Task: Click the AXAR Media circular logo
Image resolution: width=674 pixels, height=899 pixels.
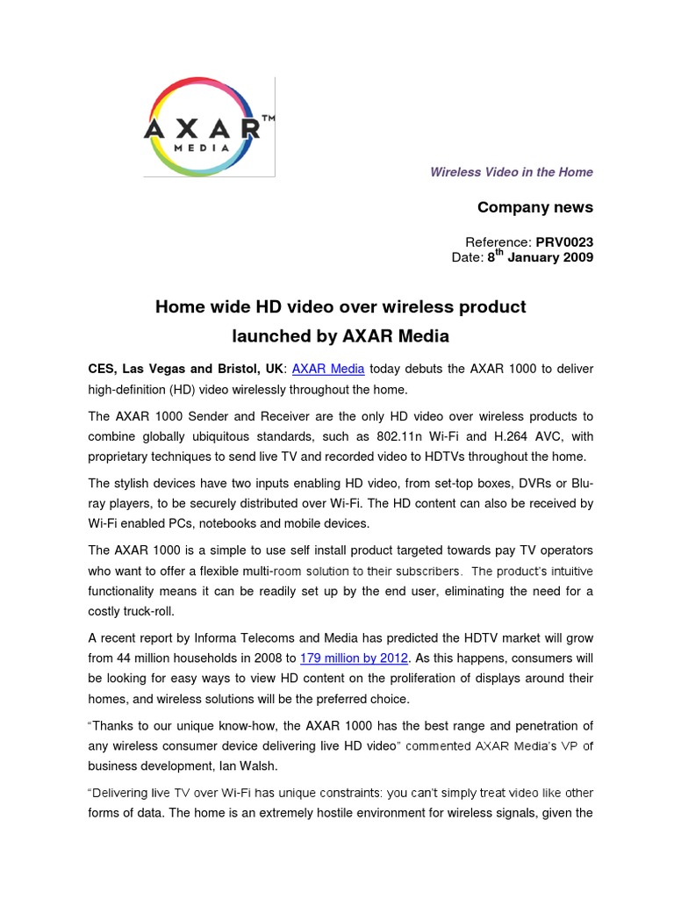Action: point(202,127)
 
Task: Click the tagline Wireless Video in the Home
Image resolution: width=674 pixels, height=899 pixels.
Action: point(511,172)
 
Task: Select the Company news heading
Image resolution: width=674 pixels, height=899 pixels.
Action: point(534,207)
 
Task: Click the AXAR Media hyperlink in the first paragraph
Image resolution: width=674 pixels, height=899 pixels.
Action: point(328,369)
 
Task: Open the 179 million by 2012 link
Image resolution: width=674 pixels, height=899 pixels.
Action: point(355,658)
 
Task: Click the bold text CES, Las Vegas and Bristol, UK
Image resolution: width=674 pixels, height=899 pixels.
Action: point(185,369)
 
